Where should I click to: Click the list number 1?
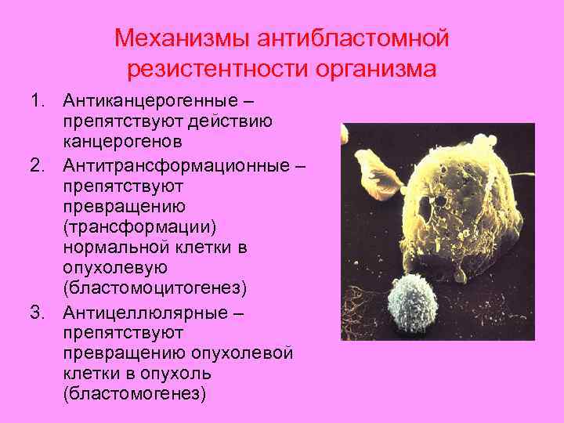click(37, 101)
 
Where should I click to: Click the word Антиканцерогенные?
click(154, 101)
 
